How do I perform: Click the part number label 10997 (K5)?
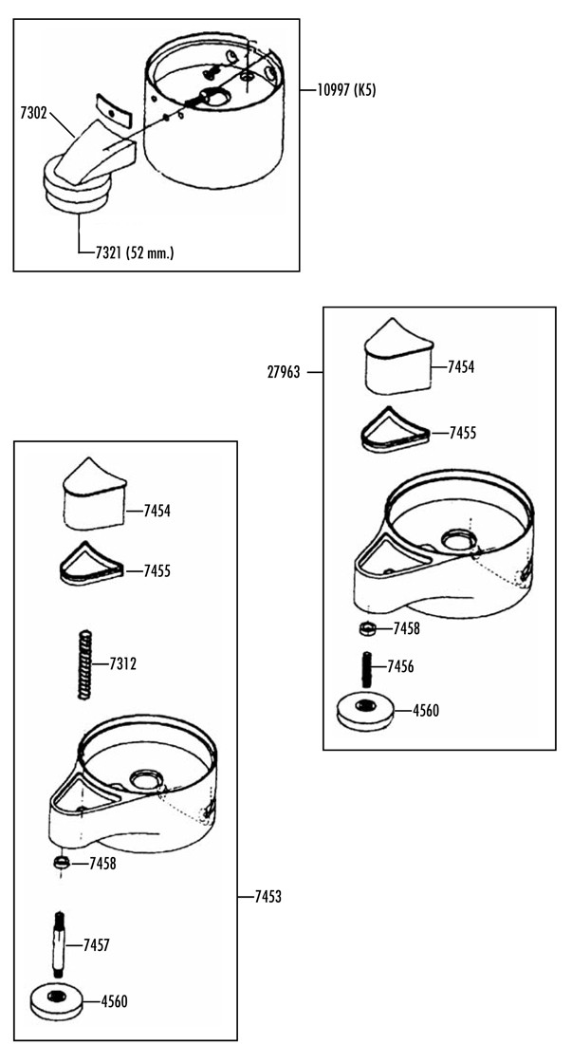pyautogui.click(x=346, y=90)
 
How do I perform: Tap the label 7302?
pyautogui.click(x=33, y=113)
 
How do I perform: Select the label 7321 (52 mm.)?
pyautogui.click(x=131, y=253)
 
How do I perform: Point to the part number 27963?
pyautogui.click(x=284, y=373)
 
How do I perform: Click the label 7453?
pyautogui.click(x=268, y=897)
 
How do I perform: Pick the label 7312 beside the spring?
pyautogui.click(x=123, y=663)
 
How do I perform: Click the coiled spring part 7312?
pyautogui.click(x=83, y=663)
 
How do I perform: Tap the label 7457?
pyautogui.click(x=97, y=944)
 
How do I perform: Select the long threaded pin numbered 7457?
pyautogui.click(x=59, y=944)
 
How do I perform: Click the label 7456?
pyautogui.click(x=400, y=666)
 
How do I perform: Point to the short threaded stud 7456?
pyautogui.click(x=366, y=670)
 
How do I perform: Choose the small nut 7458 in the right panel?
pyautogui.click(x=366, y=628)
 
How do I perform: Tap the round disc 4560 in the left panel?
pyautogui.click(x=58, y=1000)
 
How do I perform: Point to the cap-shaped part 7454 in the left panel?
pyautogui.click(x=95, y=497)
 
